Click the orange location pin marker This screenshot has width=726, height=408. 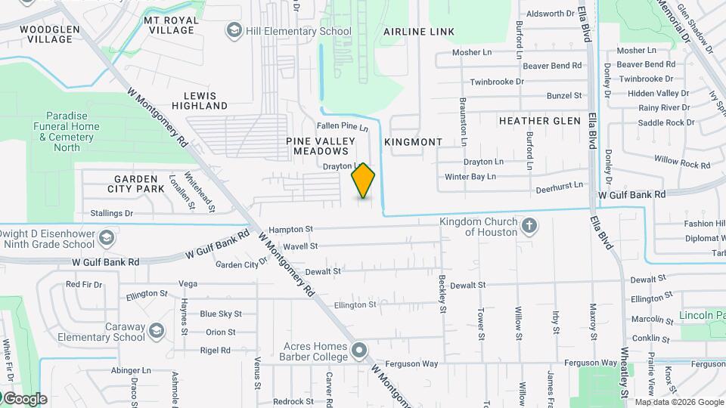363,181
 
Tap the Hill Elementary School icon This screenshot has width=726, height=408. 234,31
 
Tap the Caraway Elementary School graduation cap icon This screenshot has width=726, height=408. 157,331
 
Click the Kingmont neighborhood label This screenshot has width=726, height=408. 413,142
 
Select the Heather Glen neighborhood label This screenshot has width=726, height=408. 540,121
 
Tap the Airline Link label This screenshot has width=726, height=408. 419,32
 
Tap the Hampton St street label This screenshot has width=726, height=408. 290,229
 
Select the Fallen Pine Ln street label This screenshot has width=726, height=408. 342,127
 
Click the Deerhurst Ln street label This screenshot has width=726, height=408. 559,184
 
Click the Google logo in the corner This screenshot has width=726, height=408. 24,399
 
